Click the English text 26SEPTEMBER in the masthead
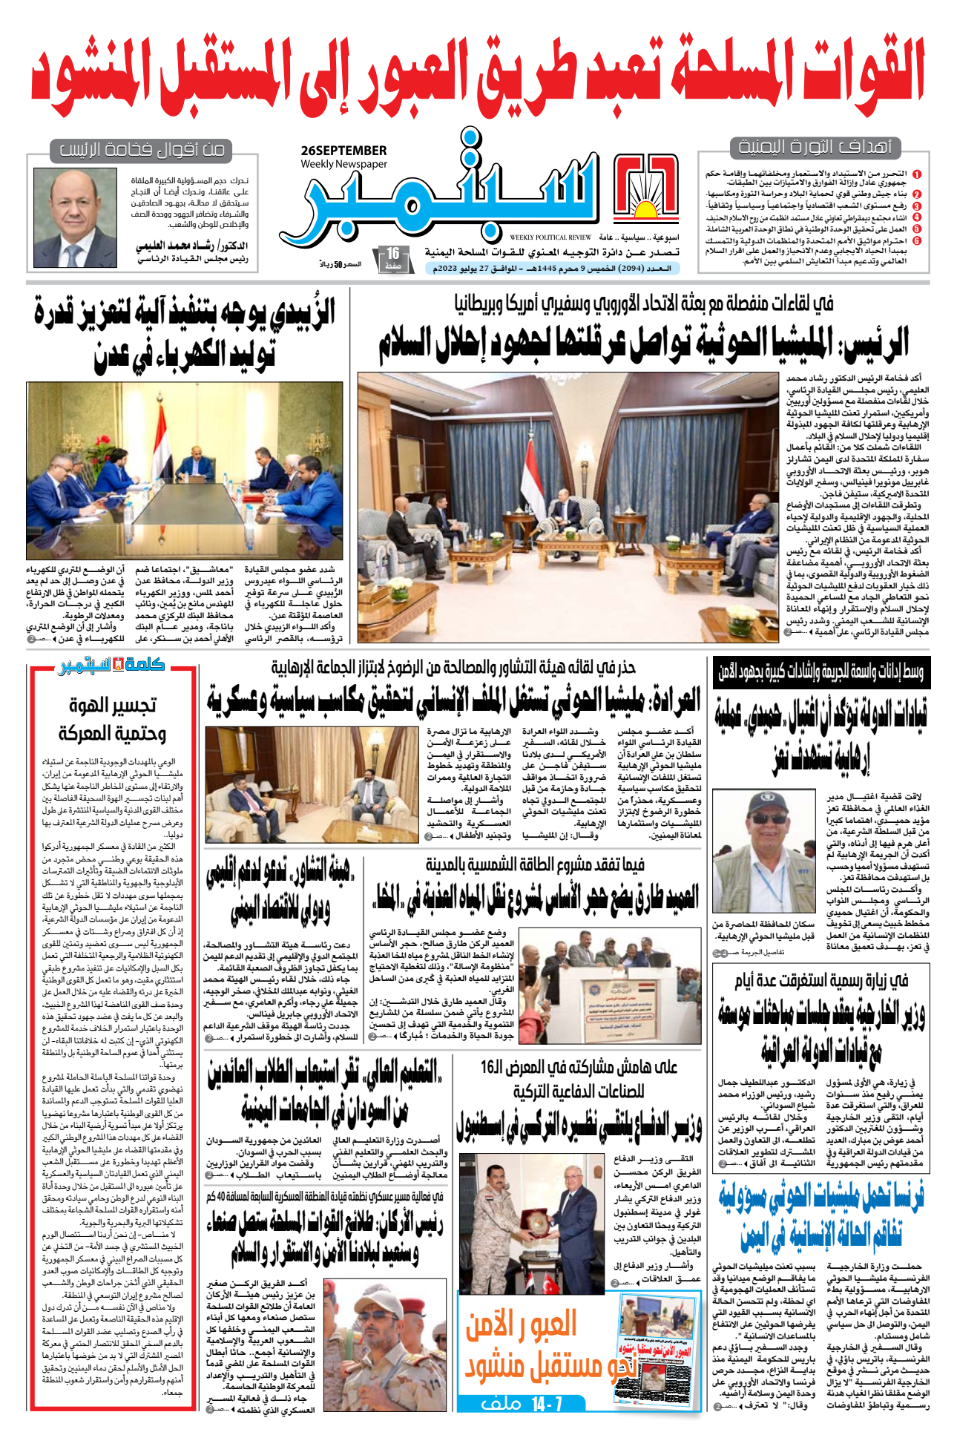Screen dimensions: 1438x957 [343, 151]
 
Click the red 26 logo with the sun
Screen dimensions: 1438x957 [646, 188]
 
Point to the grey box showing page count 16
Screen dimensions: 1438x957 [392, 257]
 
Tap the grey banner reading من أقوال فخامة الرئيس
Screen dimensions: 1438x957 [142, 151]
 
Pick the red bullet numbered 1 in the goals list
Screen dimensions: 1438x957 [917, 174]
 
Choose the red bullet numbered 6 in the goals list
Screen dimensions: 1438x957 [917, 240]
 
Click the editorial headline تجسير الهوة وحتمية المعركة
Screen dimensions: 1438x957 [112, 718]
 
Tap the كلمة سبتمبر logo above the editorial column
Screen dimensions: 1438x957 [111, 665]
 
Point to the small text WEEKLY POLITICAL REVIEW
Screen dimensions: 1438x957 [550, 237]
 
